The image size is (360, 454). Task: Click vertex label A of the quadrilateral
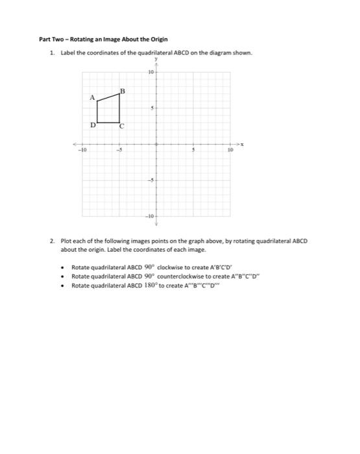tap(92, 98)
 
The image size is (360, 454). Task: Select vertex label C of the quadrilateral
tap(121, 126)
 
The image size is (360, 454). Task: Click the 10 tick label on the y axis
tap(150, 73)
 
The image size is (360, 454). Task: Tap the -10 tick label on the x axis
tap(82, 149)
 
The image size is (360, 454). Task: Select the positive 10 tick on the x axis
tap(230, 149)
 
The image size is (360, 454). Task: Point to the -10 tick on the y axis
tap(149, 215)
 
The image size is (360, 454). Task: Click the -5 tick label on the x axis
tap(118, 149)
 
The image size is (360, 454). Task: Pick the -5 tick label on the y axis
tap(150, 179)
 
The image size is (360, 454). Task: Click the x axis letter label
tap(243, 143)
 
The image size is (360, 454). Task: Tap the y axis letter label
tap(156, 65)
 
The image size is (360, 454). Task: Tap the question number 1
tap(52, 53)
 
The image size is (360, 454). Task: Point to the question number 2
tap(52, 241)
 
